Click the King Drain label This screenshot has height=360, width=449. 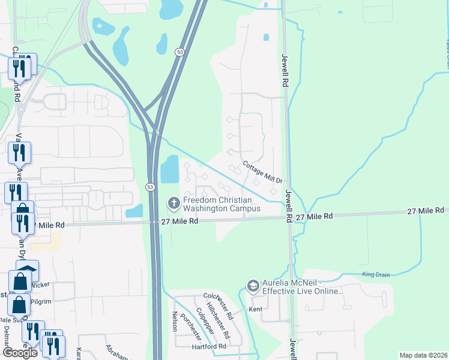point(376,274)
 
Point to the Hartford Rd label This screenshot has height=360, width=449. point(209,346)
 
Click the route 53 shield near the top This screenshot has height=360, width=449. point(179,53)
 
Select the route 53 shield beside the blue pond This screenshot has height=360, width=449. point(149,187)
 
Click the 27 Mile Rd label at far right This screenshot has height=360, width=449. point(425,211)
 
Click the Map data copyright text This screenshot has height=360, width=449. point(423,355)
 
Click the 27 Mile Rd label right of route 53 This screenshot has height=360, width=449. point(180,221)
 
